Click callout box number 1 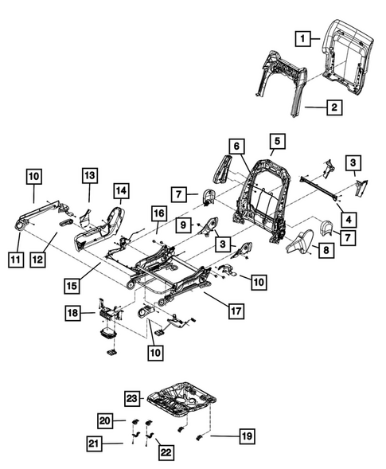point(302,37)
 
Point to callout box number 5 point(275,143)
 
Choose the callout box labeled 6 point(236,145)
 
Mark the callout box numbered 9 point(182,225)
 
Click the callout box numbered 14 point(120,191)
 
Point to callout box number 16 point(158,213)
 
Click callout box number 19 point(246,436)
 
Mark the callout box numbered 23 point(131,397)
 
